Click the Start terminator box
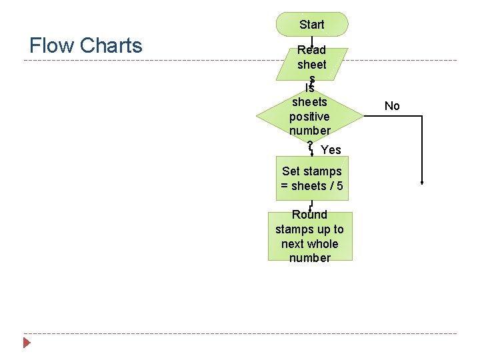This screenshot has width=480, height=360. pyautogui.click(x=312, y=24)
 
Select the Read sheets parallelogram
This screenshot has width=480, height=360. pyautogui.click(x=312, y=63)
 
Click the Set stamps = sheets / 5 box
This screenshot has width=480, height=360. pyautogui.click(x=312, y=179)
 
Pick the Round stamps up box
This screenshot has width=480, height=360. pyautogui.click(x=310, y=236)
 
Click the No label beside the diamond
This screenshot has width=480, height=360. pyautogui.click(x=392, y=105)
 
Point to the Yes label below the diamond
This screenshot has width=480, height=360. pyautogui.click(x=331, y=150)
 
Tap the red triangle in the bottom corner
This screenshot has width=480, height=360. pyautogui.click(x=27, y=343)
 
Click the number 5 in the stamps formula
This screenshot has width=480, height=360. pyautogui.click(x=340, y=186)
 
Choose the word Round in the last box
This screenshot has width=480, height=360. pyautogui.click(x=310, y=215)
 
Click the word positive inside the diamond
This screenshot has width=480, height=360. pyautogui.click(x=309, y=117)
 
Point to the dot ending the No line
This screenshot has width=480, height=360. pyautogui.click(x=423, y=183)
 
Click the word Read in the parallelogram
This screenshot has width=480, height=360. pyautogui.click(x=311, y=50)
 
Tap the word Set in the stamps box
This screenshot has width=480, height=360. pyautogui.click(x=291, y=171)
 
